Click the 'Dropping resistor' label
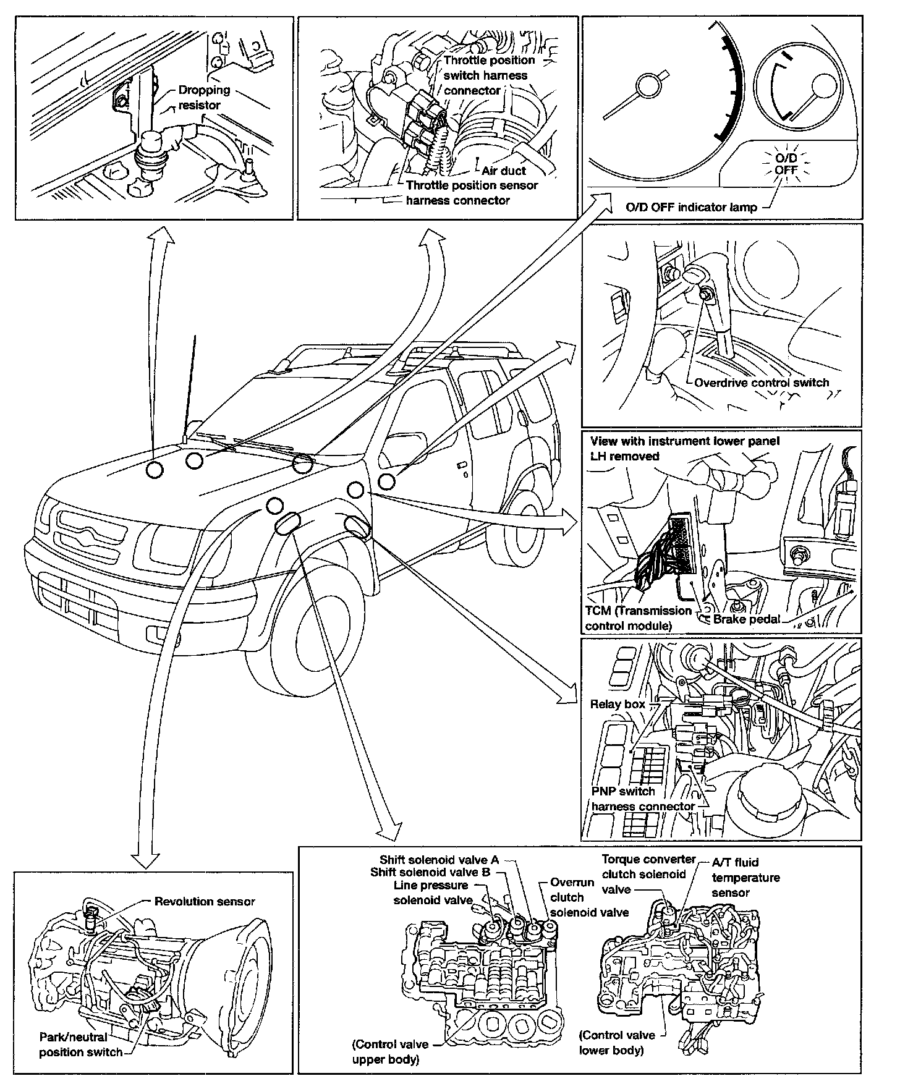point(203,98)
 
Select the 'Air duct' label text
point(503,171)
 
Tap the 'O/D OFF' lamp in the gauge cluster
point(786,164)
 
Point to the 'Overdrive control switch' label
point(761,383)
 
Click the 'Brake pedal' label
point(746,619)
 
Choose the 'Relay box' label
point(617,704)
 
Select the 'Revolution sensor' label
point(204,902)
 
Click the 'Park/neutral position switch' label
point(80,1045)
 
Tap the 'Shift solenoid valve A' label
point(438,860)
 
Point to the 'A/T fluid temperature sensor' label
point(745,877)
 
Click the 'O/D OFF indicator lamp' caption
point(690,207)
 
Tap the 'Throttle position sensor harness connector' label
point(471,193)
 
